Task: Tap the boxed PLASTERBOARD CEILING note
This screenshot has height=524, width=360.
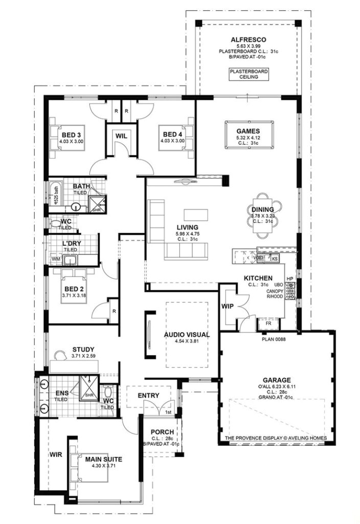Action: [249, 74]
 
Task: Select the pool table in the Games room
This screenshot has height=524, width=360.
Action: [248, 134]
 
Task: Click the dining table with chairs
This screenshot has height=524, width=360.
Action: [263, 215]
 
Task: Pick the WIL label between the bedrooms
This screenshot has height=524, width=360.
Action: [121, 136]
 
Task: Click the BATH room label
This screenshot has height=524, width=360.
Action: [81, 186]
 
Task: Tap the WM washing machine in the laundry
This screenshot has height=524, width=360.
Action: [55, 259]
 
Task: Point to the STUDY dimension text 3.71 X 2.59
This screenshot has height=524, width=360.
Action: [83, 356]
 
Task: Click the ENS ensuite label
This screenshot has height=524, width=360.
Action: [62, 393]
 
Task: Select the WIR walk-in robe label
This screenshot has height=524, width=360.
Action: [55, 453]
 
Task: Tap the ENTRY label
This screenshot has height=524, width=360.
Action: [148, 396]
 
